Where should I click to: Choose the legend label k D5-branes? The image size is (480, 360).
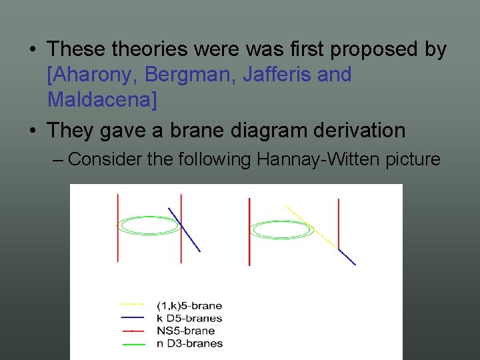coord(189,318)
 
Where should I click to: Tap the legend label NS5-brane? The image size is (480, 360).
coord(185,331)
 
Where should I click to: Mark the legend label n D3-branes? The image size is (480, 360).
coord(189,343)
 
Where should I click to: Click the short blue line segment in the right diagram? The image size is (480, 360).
coord(347,257)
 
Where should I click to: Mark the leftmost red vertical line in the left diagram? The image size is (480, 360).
coord(118,227)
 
